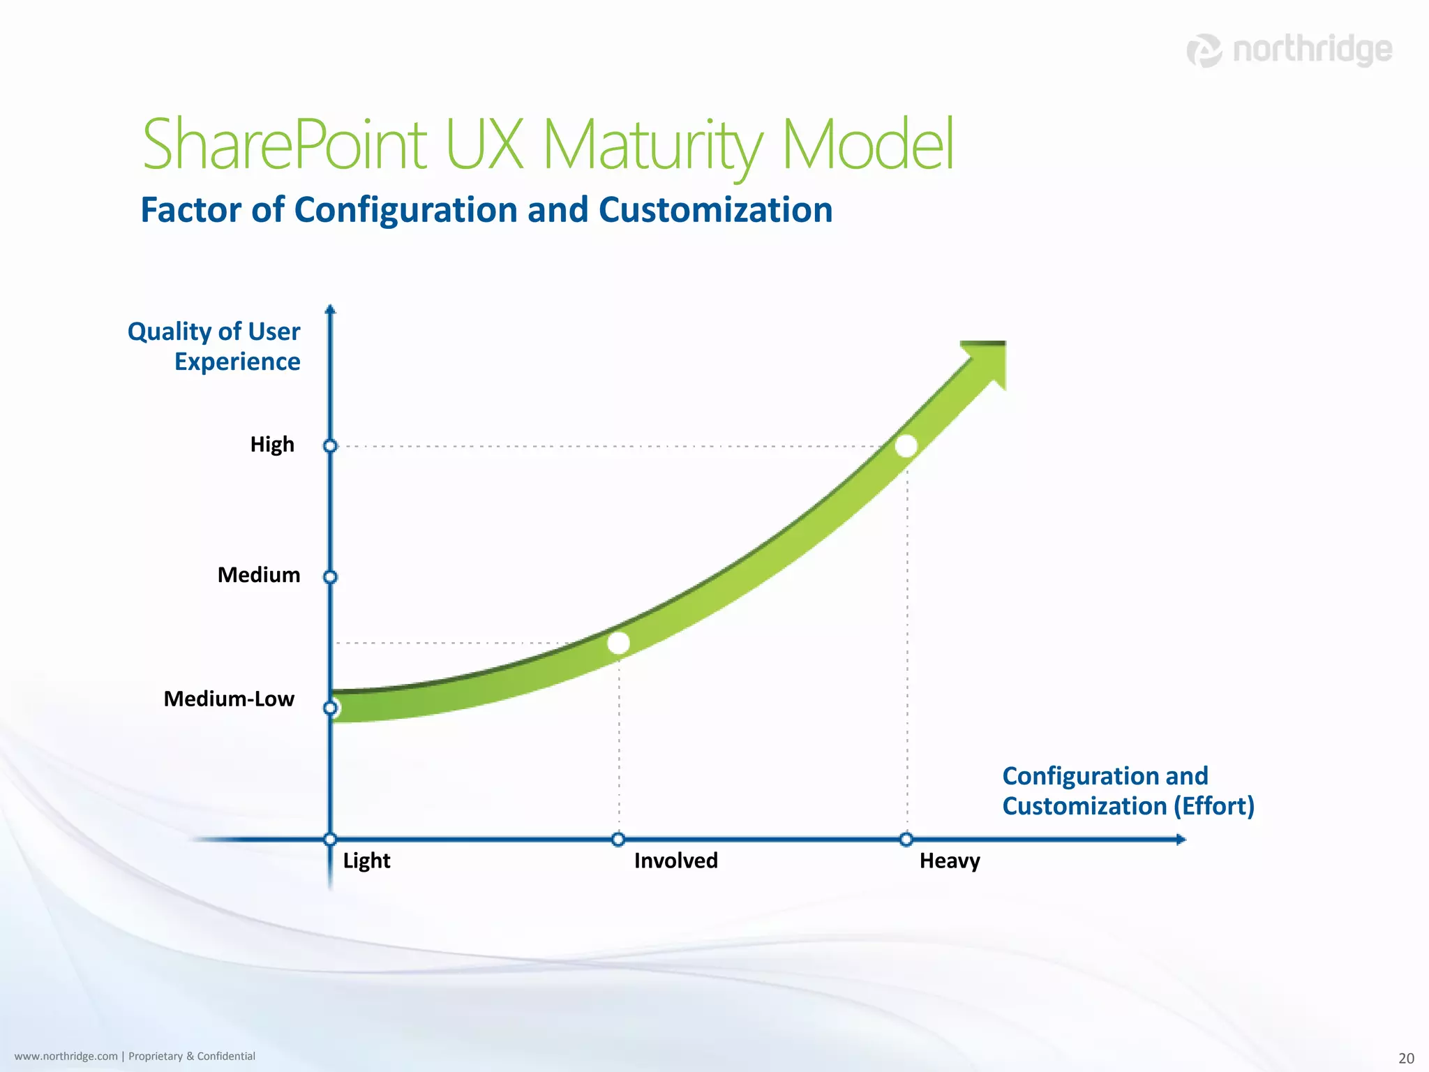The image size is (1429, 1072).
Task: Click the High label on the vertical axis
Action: [x=272, y=445]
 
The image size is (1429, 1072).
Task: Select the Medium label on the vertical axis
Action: [x=259, y=575]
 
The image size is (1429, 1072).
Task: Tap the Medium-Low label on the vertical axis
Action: [x=229, y=699]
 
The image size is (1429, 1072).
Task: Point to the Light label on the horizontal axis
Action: [x=366, y=861]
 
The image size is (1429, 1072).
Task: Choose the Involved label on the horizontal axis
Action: [x=675, y=861]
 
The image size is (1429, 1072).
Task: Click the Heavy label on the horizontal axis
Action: [x=950, y=861]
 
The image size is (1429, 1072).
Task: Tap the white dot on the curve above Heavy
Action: [x=906, y=446]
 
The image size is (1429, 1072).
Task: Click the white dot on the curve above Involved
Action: [x=618, y=643]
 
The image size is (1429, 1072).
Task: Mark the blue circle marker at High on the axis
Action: [x=331, y=446]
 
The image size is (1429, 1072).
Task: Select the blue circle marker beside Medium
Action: [x=331, y=577]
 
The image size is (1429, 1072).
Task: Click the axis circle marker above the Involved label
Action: [x=618, y=839]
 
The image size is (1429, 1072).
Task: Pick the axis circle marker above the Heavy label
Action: [x=906, y=839]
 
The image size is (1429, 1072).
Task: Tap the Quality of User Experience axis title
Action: [x=214, y=346]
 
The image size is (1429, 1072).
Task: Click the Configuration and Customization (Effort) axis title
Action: [x=1128, y=791]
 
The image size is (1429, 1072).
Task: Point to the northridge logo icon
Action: [x=1204, y=50]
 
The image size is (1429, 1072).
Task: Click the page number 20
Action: [x=1406, y=1058]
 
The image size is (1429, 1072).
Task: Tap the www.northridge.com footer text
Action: [x=66, y=1056]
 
